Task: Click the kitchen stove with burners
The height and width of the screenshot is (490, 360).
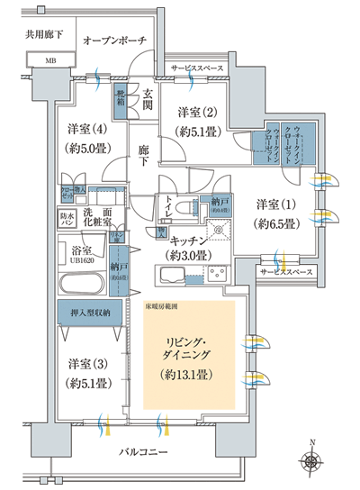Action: tap(217, 272)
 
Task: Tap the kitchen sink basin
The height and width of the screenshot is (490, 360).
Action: tap(170, 272)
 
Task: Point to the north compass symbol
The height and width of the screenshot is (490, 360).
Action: tap(310, 462)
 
